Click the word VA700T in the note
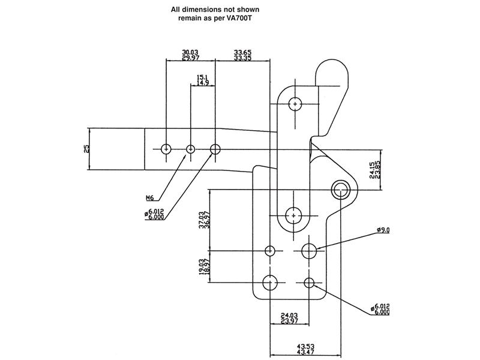tap(239, 18)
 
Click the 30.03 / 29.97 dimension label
tap(190, 55)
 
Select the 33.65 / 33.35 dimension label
tap(243, 55)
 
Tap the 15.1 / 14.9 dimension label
tap(203, 80)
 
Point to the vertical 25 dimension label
tap(87, 149)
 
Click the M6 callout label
tap(149, 198)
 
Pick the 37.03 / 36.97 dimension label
tap(204, 220)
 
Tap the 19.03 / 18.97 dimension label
tap(204, 266)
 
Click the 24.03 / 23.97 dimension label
tap(289, 318)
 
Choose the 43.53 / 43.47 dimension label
tap(305, 349)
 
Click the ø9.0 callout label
tap(383, 230)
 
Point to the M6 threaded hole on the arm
tap(191, 149)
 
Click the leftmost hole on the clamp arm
tap(166, 149)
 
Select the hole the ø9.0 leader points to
tap(309, 251)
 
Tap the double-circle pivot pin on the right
tap(341, 190)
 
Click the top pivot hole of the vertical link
tap(295, 104)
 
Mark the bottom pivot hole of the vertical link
tap(293, 216)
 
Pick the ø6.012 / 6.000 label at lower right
tap(380, 309)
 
